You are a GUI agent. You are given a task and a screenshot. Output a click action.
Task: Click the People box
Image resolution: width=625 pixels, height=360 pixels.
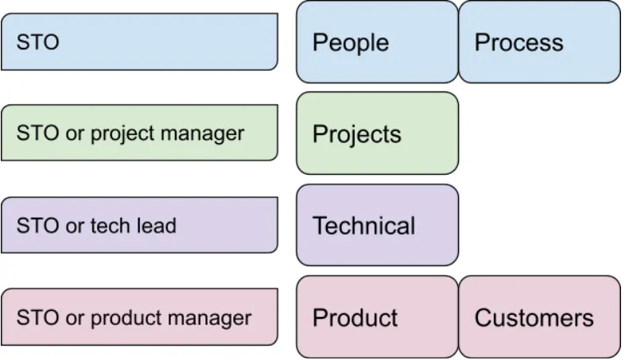tap(377, 42)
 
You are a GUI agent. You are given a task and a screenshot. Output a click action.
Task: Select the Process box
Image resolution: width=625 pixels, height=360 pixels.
tap(539, 42)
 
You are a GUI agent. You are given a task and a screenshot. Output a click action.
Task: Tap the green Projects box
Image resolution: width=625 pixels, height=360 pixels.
tap(377, 133)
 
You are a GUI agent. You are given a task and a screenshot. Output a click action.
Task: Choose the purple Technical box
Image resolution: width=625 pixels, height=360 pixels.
tap(377, 225)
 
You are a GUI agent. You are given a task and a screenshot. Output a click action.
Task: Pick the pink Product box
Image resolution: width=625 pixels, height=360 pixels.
tap(377, 316)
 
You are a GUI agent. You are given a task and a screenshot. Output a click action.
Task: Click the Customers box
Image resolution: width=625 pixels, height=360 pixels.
tap(539, 316)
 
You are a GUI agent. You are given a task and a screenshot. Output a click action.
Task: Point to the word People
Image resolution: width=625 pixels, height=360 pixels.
tap(351, 43)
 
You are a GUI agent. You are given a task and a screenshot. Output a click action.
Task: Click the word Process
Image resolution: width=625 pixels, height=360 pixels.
tap(518, 42)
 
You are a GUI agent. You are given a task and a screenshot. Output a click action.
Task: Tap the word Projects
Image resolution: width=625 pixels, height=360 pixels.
tap(357, 134)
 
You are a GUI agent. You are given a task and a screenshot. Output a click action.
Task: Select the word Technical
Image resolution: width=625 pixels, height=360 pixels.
tap(363, 226)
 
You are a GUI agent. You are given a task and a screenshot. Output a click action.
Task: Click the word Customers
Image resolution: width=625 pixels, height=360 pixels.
tap(534, 318)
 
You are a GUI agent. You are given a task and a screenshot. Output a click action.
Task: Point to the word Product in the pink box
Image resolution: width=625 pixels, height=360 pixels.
tap(355, 318)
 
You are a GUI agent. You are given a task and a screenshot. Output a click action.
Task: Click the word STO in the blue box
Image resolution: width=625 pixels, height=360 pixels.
tap(38, 42)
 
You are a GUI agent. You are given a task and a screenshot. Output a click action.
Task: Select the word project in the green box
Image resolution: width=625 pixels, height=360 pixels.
tap(122, 134)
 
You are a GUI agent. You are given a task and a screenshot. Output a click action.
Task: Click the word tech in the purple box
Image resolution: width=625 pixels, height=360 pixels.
tap(110, 226)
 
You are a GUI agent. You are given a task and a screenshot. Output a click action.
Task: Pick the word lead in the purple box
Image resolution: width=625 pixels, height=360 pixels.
tap(156, 226)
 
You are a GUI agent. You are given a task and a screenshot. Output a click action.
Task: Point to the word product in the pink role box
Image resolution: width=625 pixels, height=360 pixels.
tap(126, 319)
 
